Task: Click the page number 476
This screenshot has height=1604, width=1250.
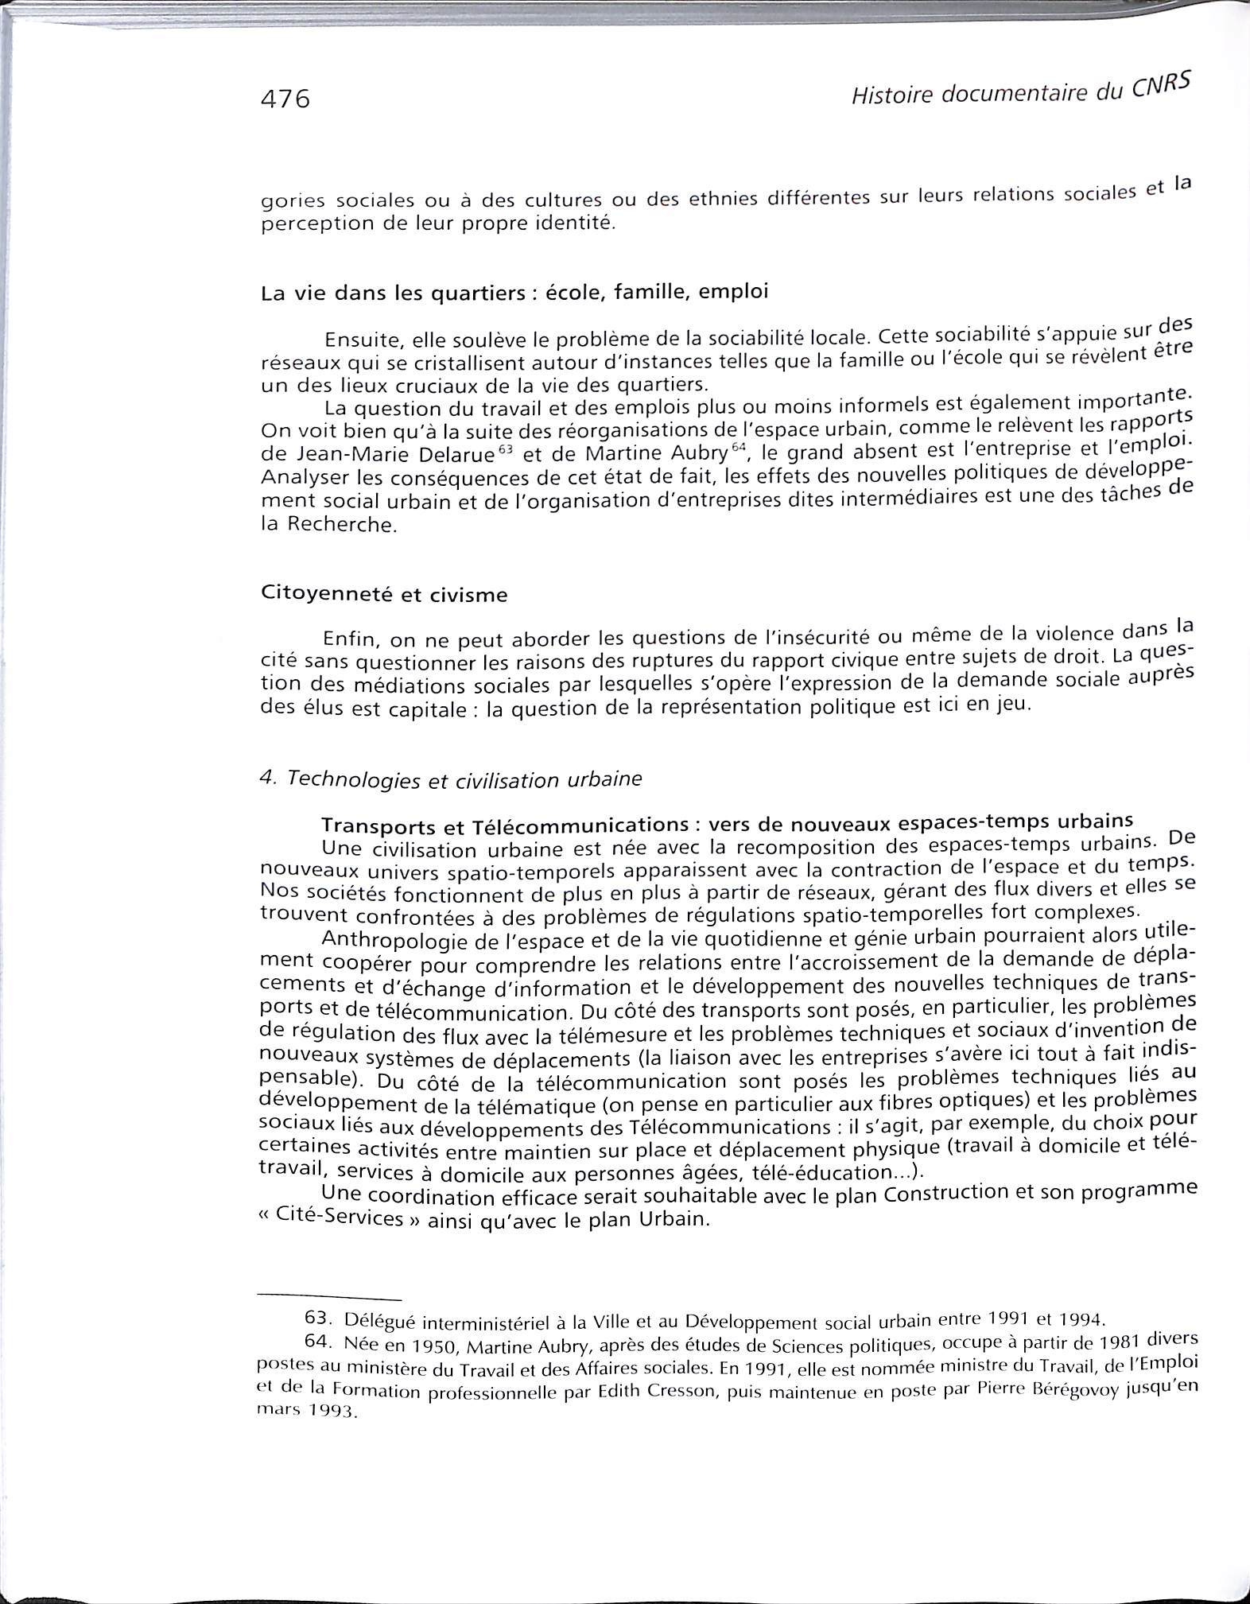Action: (284, 99)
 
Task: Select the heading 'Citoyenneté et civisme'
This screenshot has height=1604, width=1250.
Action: (383, 594)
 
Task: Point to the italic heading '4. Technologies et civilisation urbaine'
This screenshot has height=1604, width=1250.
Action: (450, 779)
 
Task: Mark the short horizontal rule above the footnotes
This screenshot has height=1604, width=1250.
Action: (330, 1298)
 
